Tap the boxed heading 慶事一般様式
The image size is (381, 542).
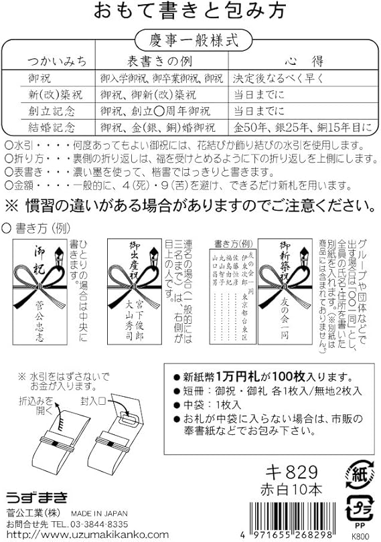point(191,39)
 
